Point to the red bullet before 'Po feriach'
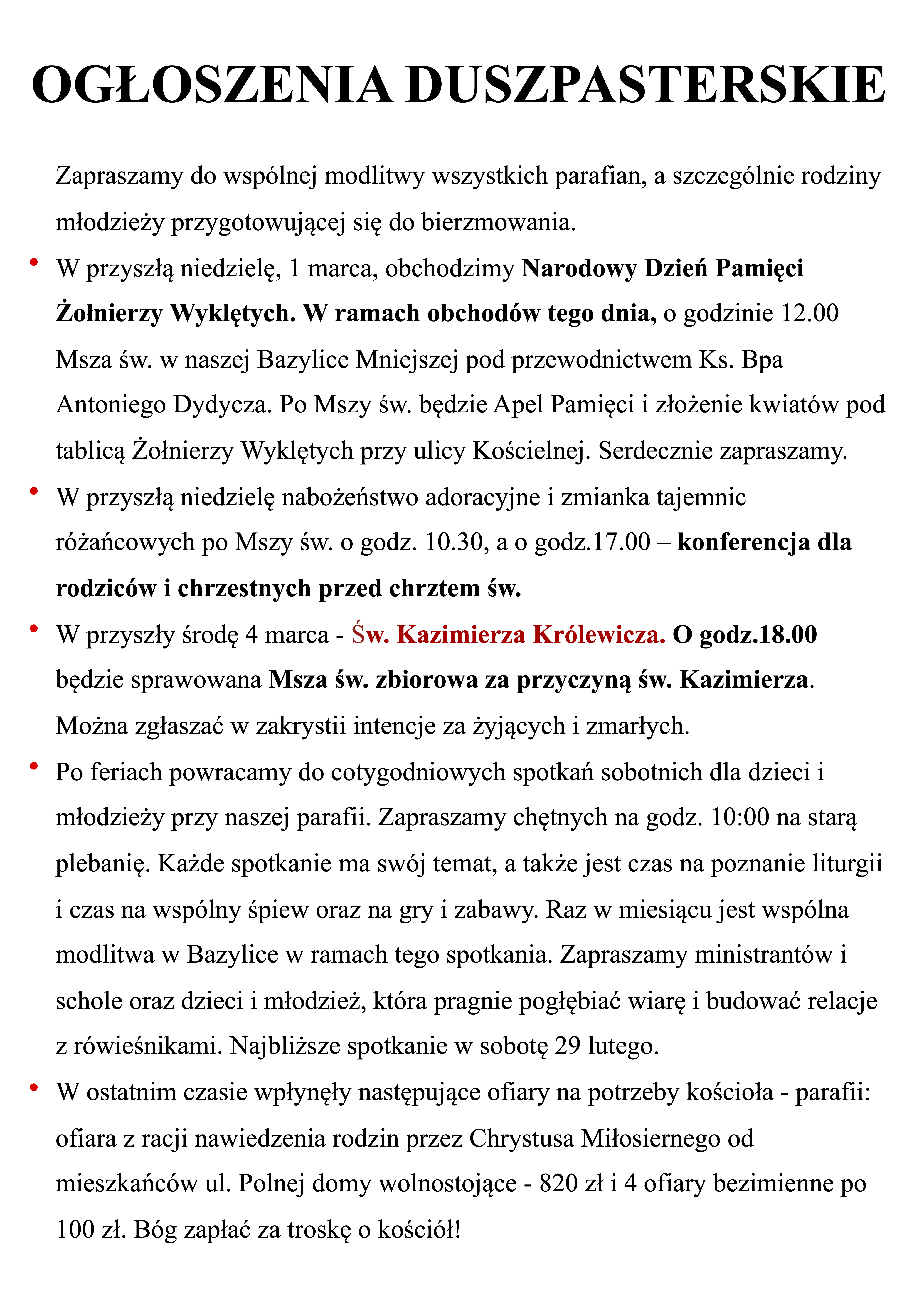(x=34, y=766)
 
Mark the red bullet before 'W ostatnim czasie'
(x=34, y=1087)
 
